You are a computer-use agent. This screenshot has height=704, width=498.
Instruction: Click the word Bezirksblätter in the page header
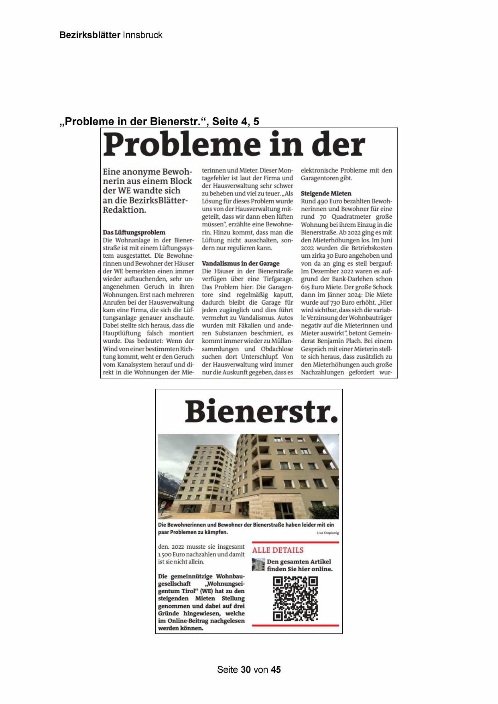89,35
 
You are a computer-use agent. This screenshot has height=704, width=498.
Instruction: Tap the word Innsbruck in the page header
142,35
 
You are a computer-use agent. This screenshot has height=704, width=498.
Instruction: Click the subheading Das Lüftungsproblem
134,232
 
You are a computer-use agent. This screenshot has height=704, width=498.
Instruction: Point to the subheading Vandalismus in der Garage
240,263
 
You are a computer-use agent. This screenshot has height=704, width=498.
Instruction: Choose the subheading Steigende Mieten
326,193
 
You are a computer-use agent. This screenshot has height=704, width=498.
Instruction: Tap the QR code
295,598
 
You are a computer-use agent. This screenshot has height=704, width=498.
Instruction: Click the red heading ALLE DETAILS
278,550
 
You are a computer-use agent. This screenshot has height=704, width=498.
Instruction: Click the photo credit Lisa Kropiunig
328,533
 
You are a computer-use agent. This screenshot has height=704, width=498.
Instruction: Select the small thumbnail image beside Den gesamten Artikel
258,564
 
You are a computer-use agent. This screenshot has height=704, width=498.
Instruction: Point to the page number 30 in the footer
246,669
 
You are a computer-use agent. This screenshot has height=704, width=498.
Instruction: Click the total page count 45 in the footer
276,669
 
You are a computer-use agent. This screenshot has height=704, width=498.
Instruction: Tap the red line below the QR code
295,625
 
